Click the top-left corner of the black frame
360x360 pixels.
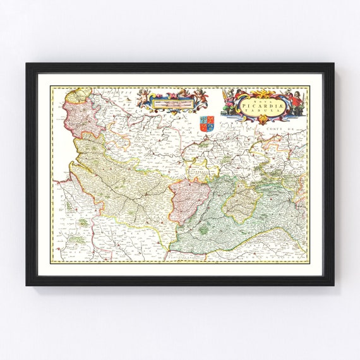[x=28, y=64]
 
